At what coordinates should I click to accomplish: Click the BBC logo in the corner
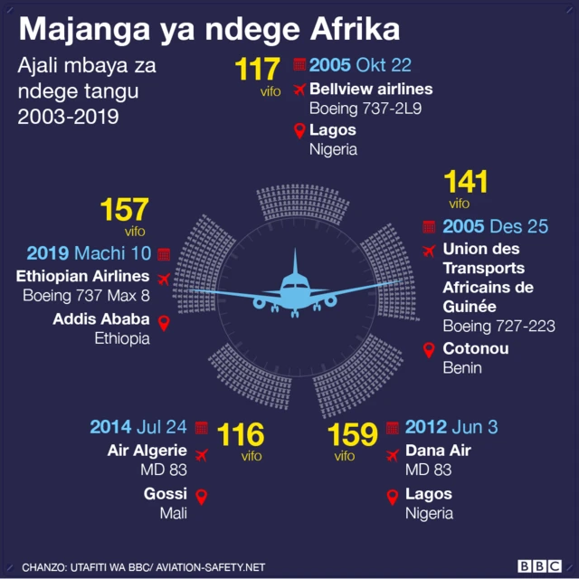[538, 565]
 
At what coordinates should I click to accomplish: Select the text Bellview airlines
[371, 89]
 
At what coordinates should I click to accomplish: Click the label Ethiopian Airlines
[82, 277]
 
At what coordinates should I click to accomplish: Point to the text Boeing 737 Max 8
[87, 296]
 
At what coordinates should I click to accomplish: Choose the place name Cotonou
[475, 348]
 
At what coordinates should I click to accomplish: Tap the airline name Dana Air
[438, 451]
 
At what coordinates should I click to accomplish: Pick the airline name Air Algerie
[147, 451]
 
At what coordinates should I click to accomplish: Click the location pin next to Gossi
[202, 496]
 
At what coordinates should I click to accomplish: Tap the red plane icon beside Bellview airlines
[299, 90]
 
